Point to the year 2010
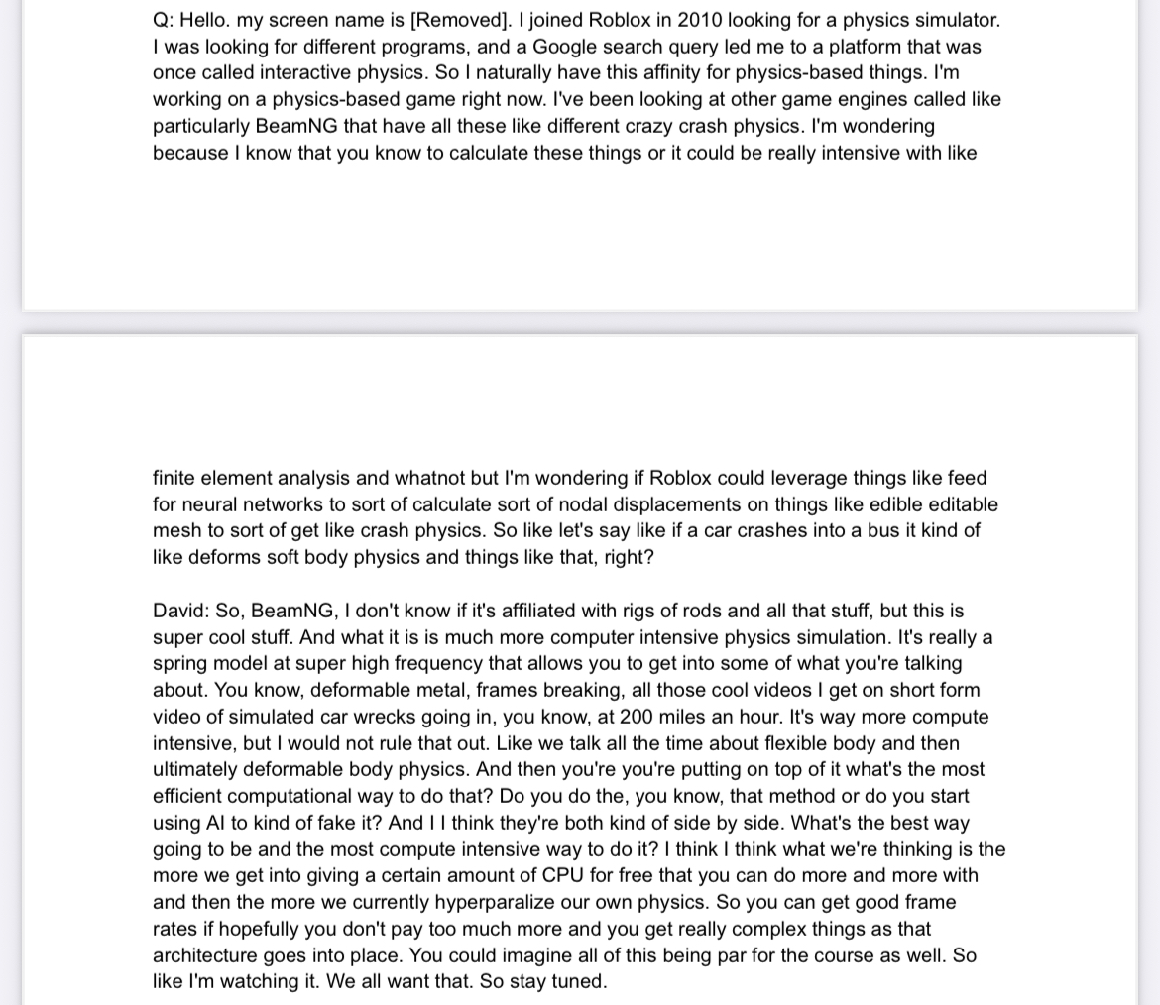pos(705,20)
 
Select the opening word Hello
pos(204,20)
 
